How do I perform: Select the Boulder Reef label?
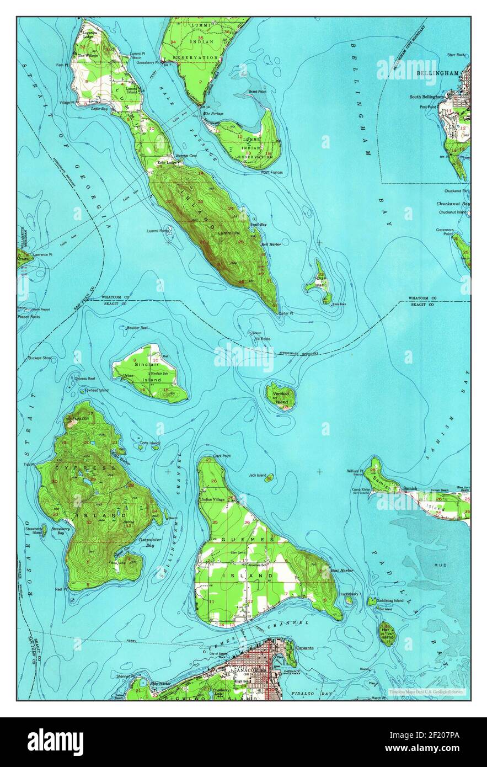coord(136,328)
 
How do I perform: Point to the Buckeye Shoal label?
coord(40,358)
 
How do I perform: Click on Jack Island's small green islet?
coord(269,478)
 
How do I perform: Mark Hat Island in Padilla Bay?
coord(387,633)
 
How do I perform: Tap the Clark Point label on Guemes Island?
coord(222,456)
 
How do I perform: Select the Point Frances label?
coord(272,173)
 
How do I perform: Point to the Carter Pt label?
coord(285,313)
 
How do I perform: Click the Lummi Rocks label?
coord(158,231)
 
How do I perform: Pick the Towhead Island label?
coord(97,390)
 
